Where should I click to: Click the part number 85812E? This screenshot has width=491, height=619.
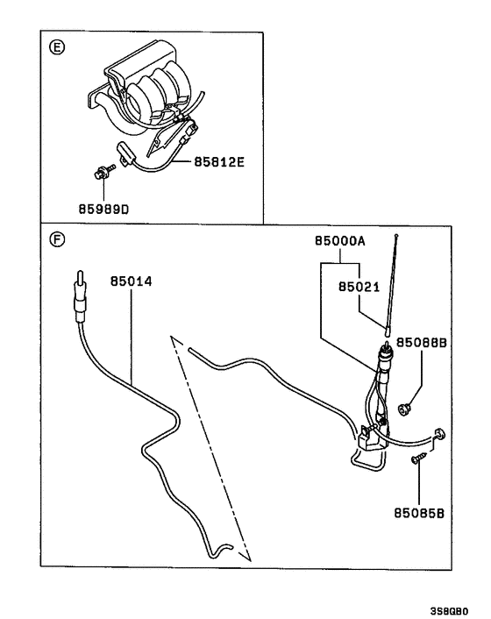[x=209, y=162]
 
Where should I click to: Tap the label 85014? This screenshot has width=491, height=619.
[x=131, y=281]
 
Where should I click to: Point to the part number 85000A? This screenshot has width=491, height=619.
[x=339, y=239]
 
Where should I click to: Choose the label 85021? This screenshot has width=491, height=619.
[x=359, y=285]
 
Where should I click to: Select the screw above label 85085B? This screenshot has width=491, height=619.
[x=421, y=456]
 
